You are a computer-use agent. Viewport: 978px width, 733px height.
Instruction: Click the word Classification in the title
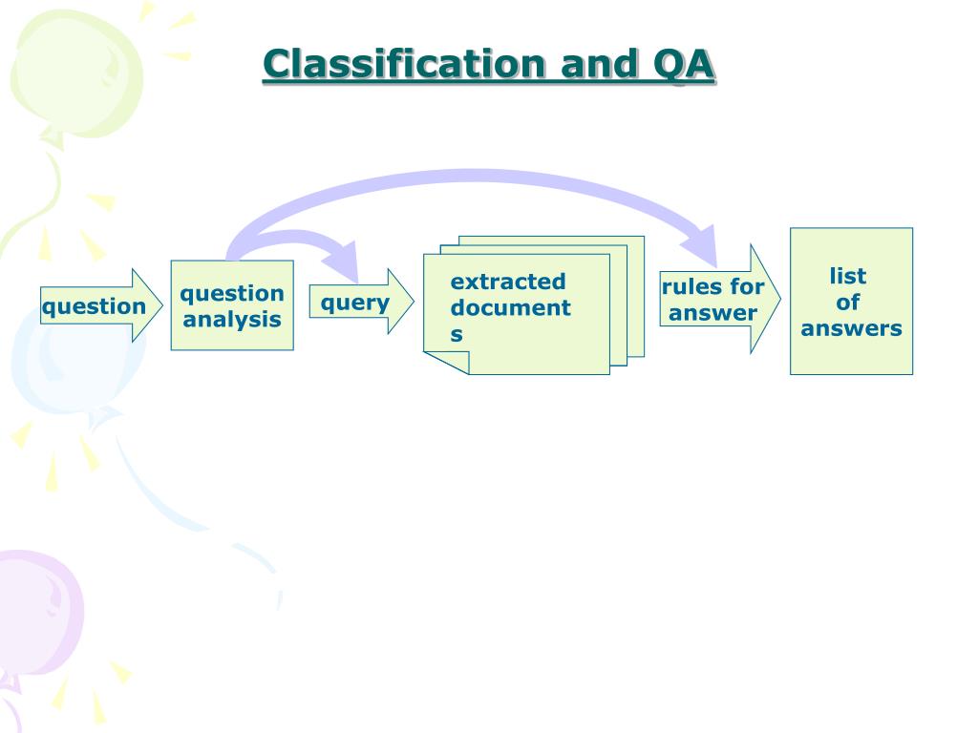click(x=405, y=65)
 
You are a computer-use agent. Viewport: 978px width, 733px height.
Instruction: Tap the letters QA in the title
click(x=684, y=65)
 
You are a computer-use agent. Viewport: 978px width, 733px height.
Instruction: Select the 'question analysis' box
click(x=232, y=305)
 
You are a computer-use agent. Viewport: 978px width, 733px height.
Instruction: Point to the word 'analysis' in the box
click(x=232, y=320)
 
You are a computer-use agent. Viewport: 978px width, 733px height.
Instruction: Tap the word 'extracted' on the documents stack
click(x=508, y=282)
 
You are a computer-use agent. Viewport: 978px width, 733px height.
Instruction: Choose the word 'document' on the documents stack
click(x=511, y=307)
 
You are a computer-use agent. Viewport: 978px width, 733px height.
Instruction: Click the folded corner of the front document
click(x=444, y=364)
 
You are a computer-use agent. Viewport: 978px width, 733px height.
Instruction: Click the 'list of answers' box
click(x=851, y=302)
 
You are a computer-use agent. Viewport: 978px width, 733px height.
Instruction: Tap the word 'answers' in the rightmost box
click(x=851, y=328)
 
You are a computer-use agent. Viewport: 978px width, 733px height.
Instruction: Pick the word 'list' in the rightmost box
click(x=848, y=276)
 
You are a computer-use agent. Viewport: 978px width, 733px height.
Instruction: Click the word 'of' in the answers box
click(x=848, y=303)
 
